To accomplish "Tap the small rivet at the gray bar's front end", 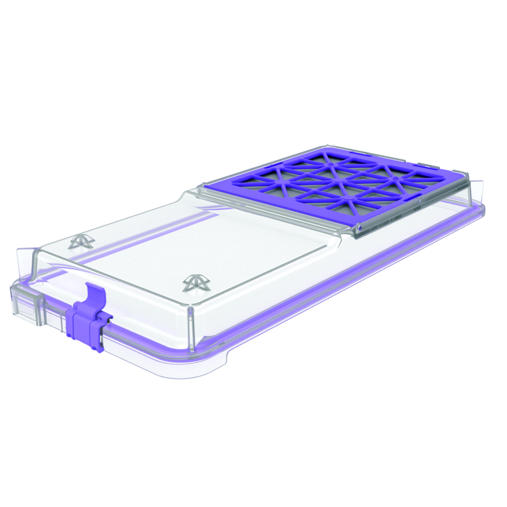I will [359, 229].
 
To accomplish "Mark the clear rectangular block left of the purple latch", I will [26, 305].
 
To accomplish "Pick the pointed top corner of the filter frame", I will [327, 146].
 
